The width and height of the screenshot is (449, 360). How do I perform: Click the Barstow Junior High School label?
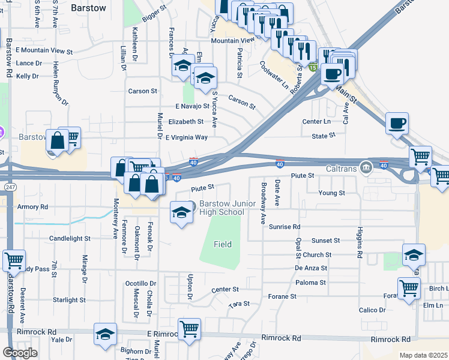tap(228, 208)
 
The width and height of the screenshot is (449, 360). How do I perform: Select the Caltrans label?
tap(342, 169)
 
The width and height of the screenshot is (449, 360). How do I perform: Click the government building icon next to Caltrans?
tap(364, 167)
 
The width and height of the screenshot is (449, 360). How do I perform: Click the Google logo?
tap(20, 353)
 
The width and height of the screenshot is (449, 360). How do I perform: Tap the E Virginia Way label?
tap(186, 137)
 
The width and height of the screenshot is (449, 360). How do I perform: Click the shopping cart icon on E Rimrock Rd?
tap(189, 329)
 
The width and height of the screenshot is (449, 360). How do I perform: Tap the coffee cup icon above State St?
tap(397, 124)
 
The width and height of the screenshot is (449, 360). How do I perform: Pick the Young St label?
tap(332, 193)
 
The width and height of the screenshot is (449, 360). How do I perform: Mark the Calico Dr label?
tap(372, 310)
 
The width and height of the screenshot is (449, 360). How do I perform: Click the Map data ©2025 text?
tap(423, 355)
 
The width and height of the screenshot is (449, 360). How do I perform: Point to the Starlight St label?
tap(69, 299)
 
